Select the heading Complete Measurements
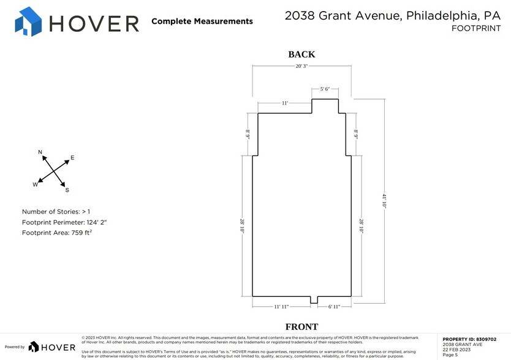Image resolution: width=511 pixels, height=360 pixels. pyautogui.click(x=202, y=21)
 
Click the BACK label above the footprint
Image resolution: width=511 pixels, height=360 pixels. pyautogui.click(x=301, y=54)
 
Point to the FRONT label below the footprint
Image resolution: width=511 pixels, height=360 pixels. pyautogui.click(x=301, y=327)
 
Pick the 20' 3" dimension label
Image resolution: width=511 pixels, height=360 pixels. pyautogui.click(x=301, y=66)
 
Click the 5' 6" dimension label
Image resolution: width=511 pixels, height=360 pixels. pyautogui.click(x=325, y=89)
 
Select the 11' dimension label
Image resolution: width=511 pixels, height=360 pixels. pyautogui.click(x=285, y=103)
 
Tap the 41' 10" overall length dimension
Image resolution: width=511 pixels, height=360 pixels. pyautogui.click(x=384, y=201)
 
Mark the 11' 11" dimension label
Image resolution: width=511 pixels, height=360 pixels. pyautogui.click(x=281, y=306)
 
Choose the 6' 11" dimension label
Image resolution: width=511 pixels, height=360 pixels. pyautogui.click(x=334, y=306)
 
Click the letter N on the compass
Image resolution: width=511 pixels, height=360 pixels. pyautogui.click(x=40, y=152)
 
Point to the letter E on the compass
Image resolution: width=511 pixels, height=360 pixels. pyautogui.click(x=72, y=158)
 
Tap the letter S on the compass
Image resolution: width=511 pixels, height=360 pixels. pyautogui.click(x=67, y=190)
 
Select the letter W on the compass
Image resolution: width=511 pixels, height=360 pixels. pyautogui.click(x=36, y=184)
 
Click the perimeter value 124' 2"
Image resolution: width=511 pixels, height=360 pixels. pyautogui.click(x=102, y=222)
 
